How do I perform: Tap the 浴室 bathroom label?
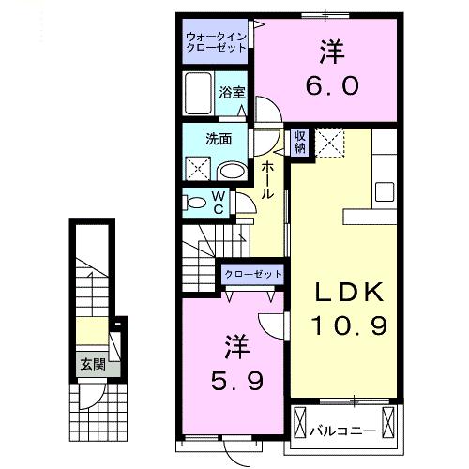click(x=233, y=92)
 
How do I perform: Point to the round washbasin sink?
click(x=232, y=170)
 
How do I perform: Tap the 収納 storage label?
click(x=300, y=142)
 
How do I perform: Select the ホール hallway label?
click(x=267, y=179)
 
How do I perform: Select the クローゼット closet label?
click(x=253, y=273)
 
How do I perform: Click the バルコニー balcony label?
click(x=343, y=431)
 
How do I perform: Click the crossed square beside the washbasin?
click(x=197, y=169)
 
